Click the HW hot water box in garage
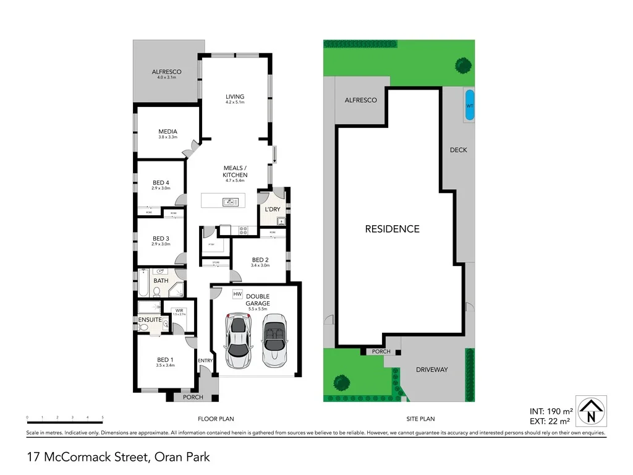tap(237, 294)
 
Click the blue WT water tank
tap(469, 106)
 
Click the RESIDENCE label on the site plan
tap(392, 229)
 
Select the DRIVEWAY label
tap(431, 370)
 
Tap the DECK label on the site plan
tap(459, 150)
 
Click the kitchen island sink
tap(228, 201)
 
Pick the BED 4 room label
tap(161, 182)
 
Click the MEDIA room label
tap(168, 132)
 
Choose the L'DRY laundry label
tap(273, 210)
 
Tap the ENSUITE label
tap(150, 320)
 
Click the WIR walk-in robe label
tap(179, 310)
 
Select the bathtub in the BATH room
tap(142, 284)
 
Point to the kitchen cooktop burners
tap(243, 230)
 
